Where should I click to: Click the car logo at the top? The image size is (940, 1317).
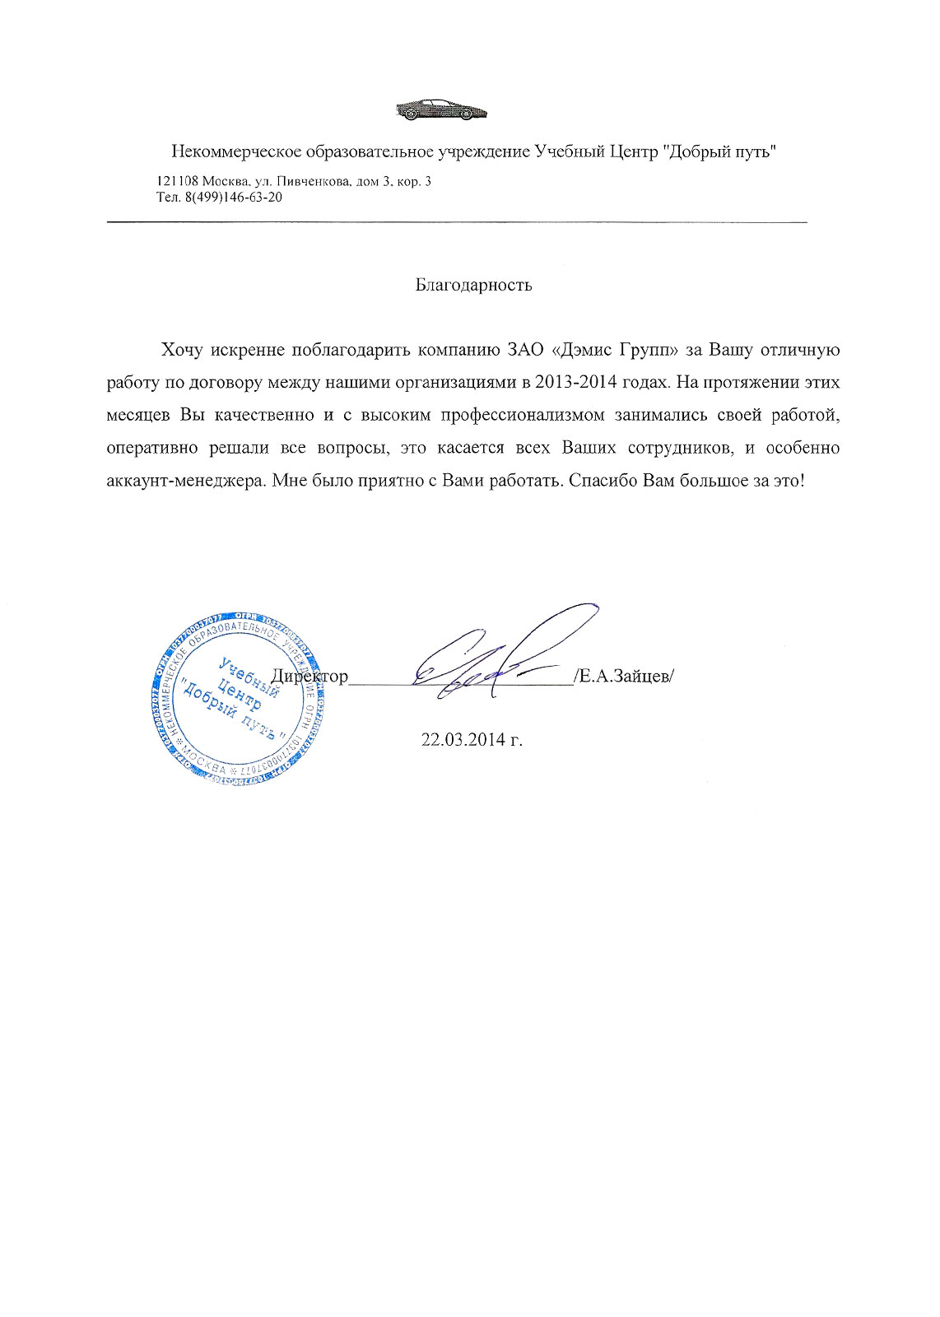click(x=441, y=109)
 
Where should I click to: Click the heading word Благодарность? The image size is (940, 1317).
click(x=473, y=286)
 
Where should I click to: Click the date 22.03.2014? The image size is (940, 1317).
click(x=464, y=739)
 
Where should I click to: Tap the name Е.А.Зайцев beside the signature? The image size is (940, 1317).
click(x=626, y=677)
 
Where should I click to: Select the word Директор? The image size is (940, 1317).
click(x=310, y=677)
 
